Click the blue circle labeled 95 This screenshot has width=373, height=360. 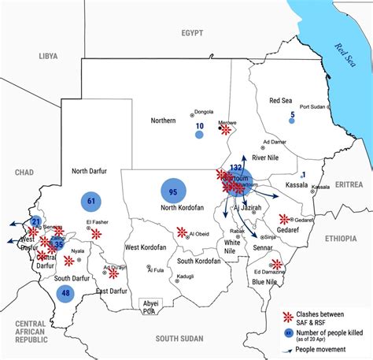click(172, 191)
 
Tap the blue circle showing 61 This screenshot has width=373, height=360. click(92, 202)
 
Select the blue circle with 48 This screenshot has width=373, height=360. click(65, 294)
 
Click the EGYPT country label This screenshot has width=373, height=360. click(191, 33)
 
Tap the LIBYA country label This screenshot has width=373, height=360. click(48, 57)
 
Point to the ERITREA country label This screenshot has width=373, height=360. click(349, 184)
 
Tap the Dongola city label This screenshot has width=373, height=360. click(203, 112)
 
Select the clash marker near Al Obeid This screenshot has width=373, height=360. click(182, 232)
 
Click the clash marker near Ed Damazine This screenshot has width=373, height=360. click(276, 265)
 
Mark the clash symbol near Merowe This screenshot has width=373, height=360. click(226, 131)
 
